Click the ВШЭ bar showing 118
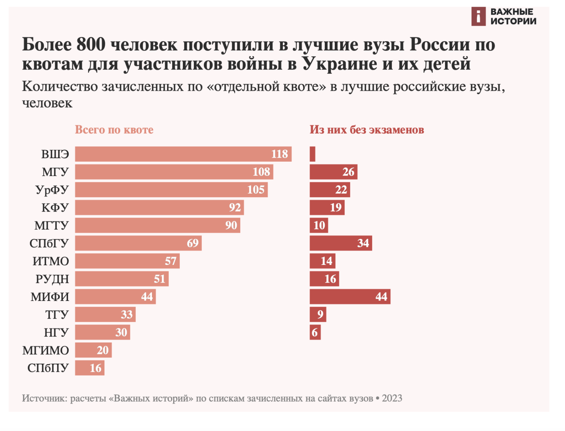pyautogui.click(x=183, y=154)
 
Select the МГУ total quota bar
pyautogui.click(x=174, y=172)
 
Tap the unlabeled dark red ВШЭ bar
pyautogui.click(x=312, y=154)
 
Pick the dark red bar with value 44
pyautogui.click(x=350, y=297)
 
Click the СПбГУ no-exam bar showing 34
pyautogui.click(x=341, y=243)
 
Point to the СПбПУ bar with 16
pyautogui.click(x=90, y=368)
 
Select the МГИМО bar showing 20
pyautogui.click(x=93, y=350)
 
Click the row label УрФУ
pyautogui.click(x=52, y=190)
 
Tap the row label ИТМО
pyautogui.click(x=51, y=261)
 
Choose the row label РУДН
pyautogui.click(x=52, y=279)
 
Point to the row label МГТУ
pyautogui.click(x=51, y=226)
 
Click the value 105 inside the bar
pyautogui.click(x=256, y=190)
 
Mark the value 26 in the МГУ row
pyautogui.click(x=348, y=172)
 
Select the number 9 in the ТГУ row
pyautogui.click(x=320, y=315)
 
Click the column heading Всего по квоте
pyautogui.click(x=114, y=130)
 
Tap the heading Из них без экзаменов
pyautogui.click(x=367, y=130)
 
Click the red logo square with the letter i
pyautogui.click(x=479, y=17)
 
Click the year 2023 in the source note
pyautogui.click(x=392, y=398)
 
